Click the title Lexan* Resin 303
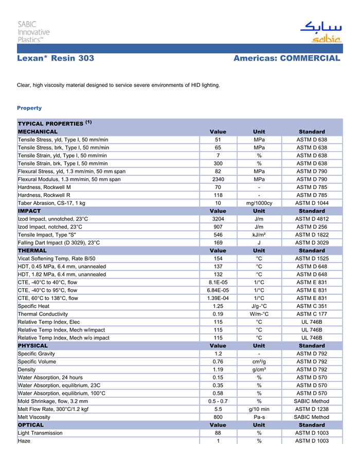[x=56, y=59]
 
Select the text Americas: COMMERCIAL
[x=286, y=59]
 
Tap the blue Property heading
[x=29, y=108]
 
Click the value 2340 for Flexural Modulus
[x=218, y=179]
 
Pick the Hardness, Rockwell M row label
[x=44, y=187]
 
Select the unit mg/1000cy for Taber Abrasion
[x=259, y=203]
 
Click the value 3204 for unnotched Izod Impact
[x=218, y=219]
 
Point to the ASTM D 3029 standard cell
[x=312, y=243]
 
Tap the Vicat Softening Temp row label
[x=57, y=258]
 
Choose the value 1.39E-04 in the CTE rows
[x=218, y=298]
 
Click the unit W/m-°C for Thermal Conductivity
[x=259, y=314]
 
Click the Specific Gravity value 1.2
[x=218, y=354]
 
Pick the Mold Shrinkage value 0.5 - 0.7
[x=218, y=401]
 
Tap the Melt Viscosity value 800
[x=218, y=417]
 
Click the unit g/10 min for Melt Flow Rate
[x=259, y=409]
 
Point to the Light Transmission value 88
[x=218, y=433]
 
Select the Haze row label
[x=24, y=441]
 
